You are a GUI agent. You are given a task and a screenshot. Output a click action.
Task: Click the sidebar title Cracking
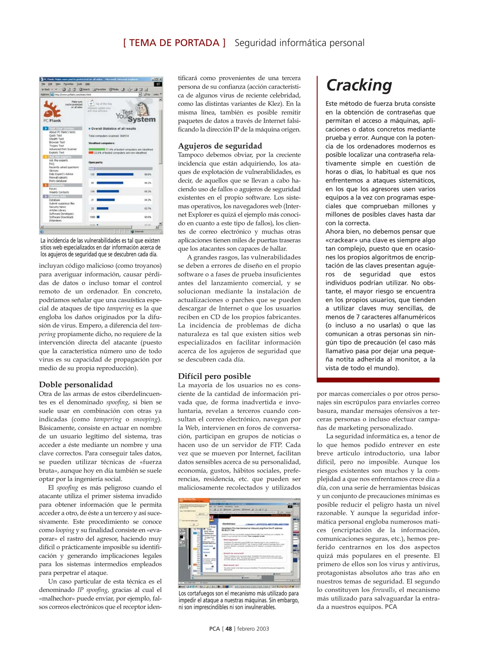[359, 85]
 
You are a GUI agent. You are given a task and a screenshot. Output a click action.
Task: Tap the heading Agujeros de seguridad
[220, 146]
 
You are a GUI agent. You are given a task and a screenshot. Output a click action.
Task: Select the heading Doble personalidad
[76, 385]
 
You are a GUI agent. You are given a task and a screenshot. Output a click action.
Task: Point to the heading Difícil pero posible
[214, 376]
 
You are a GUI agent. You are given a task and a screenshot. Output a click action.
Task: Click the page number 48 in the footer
[228, 629]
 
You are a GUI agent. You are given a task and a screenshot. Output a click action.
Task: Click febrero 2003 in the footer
[253, 629]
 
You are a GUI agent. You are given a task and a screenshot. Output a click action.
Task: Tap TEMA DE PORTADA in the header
[174, 43]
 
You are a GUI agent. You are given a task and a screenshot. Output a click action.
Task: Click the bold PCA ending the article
[391, 607]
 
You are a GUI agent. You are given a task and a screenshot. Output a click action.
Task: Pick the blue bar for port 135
[115, 174]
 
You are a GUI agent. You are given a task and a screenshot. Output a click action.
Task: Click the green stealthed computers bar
[97, 149]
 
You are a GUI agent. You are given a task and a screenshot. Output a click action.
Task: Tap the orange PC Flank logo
[52, 110]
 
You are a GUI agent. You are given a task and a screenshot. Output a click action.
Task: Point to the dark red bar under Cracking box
[378, 380]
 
